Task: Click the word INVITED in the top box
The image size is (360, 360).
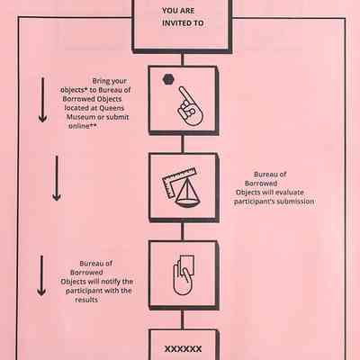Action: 176,23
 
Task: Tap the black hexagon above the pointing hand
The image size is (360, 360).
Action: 168,79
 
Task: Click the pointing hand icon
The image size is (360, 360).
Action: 190,106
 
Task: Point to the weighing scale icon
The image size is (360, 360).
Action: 188,193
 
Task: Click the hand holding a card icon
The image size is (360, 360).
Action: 184,274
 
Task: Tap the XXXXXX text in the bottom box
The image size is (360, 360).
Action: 183,349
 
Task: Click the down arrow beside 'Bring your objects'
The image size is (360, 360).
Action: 42,100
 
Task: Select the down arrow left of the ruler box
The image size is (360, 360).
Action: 57,178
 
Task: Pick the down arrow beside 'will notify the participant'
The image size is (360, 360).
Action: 41,275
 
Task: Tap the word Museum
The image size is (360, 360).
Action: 78,117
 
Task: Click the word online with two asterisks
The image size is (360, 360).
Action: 83,126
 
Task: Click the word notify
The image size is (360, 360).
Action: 111,282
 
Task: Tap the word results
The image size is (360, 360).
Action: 86,300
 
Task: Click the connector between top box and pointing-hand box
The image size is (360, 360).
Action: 183,59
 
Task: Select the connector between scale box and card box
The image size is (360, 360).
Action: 183,231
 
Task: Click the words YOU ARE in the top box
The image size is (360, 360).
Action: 178,11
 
